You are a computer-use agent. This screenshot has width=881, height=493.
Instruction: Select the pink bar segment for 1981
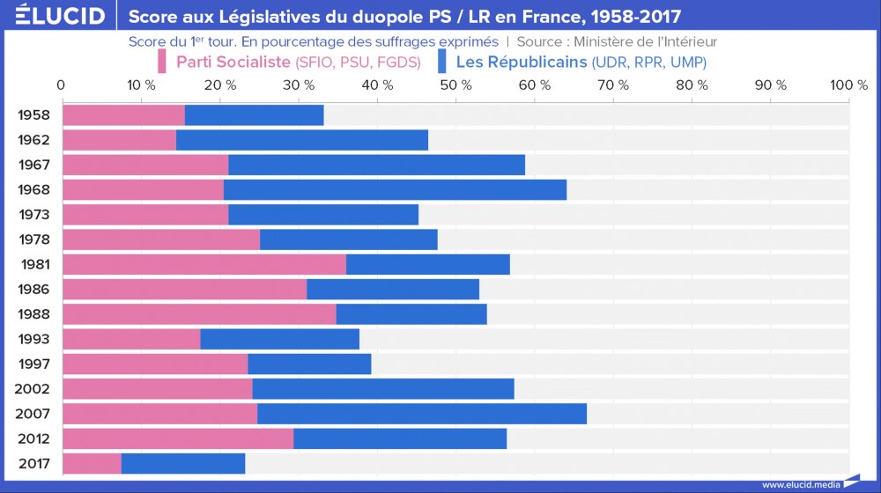pos(204,264)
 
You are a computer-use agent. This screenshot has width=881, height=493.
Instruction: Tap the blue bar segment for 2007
pos(422,414)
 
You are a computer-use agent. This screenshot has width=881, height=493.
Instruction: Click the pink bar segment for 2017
pos(92,464)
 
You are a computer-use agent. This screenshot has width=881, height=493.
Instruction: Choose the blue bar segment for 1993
pos(280,339)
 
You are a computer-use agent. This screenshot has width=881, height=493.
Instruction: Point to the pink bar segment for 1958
pos(123,114)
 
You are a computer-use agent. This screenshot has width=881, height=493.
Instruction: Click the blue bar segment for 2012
pos(400,438)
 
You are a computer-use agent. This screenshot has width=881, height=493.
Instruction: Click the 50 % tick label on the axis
pos(455,85)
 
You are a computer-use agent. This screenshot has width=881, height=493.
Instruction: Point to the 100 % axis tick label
pos(848,85)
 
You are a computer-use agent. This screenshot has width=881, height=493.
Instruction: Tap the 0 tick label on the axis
pos(61,85)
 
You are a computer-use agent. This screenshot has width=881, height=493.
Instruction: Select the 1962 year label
pos(33,140)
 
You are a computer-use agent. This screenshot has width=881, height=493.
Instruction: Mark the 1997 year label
pos(33,364)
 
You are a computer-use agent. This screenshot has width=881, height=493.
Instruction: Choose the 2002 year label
pos(33,389)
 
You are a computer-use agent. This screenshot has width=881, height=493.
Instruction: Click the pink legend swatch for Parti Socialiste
pos(162,62)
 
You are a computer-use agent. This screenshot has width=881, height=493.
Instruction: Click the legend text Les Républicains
pos(521,62)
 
